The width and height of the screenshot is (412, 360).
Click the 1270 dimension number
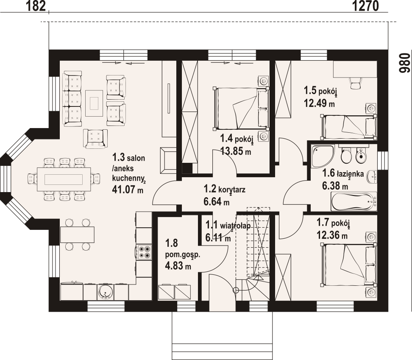coord(365,6)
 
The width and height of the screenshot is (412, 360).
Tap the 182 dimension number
coord(36,6)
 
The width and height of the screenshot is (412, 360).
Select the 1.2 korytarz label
coord(224,189)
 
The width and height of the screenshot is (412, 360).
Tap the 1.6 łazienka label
coord(343,173)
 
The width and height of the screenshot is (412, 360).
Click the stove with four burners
coord(144,252)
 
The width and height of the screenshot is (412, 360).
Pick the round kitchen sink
coord(106,292)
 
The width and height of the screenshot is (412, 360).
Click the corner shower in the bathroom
coord(322,156)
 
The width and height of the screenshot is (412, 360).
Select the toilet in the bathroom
coord(346,154)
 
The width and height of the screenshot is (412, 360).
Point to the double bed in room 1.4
coord(241,109)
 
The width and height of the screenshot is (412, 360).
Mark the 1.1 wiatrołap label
coord(228,225)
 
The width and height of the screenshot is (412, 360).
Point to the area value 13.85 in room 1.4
coord(235,151)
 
